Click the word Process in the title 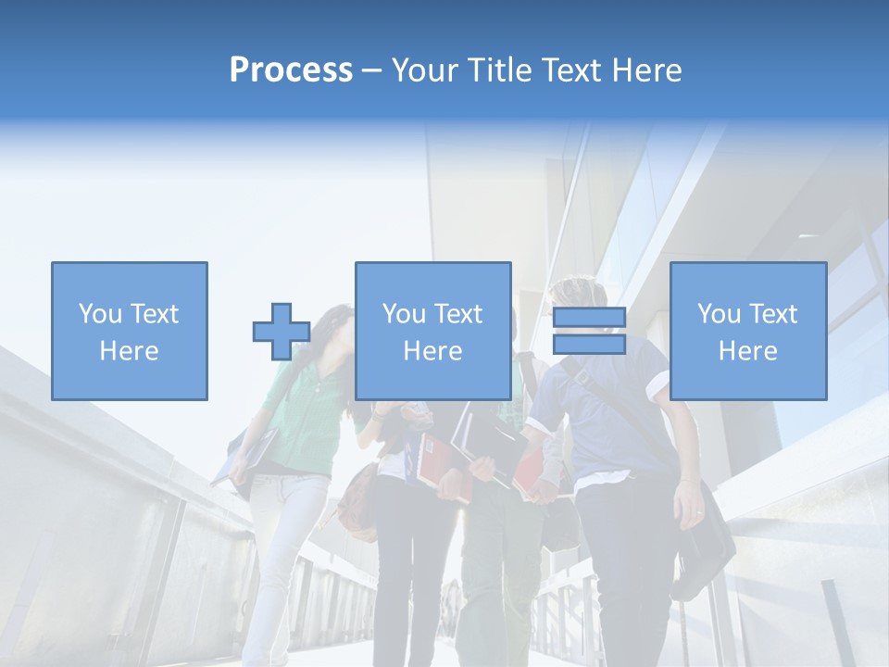(x=291, y=70)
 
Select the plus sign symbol (x=282, y=332)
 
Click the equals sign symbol (x=589, y=331)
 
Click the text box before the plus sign (x=130, y=331)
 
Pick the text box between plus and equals (x=432, y=331)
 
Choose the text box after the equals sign (x=747, y=331)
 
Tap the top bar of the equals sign (x=589, y=318)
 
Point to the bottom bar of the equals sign (x=589, y=344)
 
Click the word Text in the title (x=566, y=70)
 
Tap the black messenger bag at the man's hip (x=704, y=547)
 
